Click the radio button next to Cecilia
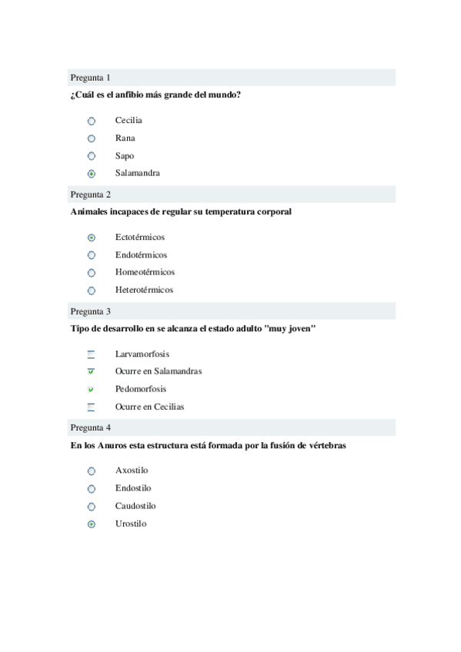tap(92, 121)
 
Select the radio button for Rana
tap(92, 138)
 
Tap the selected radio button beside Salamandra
tap(92, 174)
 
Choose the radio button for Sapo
tap(92, 156)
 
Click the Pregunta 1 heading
tap(91, 78)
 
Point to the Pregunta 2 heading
tap(91, 195)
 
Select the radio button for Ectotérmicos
tap(92, 238)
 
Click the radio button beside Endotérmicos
tap(92, 255)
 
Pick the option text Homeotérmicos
tap(145, 272)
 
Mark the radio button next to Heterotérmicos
tap(92, 291)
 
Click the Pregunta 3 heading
tap(91, 311)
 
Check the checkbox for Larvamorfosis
tap(91, 354)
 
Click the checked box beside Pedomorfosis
tap(91, 390)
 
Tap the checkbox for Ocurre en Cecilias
tap(91, 407)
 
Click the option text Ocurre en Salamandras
tap(159, 371)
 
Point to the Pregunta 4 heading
tap(91, 427)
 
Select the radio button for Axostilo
tap(92, 471)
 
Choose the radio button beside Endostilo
tap(92, 489)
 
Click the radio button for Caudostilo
tap(92, 507)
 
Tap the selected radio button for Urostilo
tap(92, 524)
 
